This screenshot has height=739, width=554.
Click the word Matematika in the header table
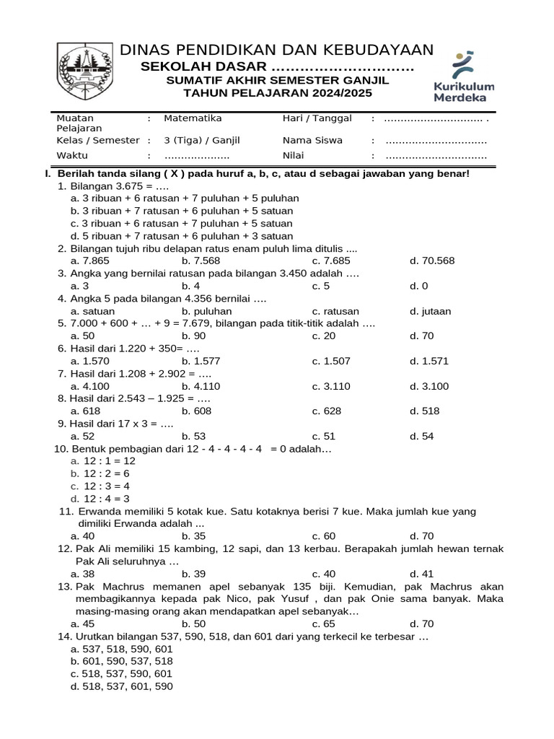(193, 118)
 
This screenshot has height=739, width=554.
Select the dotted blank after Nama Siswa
(436, 141)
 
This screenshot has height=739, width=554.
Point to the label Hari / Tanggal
(317, 118)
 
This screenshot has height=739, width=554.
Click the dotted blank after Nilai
(436, 156)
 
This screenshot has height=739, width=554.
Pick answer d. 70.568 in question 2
(432, 261)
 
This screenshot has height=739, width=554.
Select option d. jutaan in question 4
(430, 311)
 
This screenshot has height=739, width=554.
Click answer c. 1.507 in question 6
(331, 361)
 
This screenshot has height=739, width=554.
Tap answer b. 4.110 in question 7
(201, 386)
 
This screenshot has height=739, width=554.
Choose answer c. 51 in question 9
(324, 436)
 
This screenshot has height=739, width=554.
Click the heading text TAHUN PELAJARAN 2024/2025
(277, 94)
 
